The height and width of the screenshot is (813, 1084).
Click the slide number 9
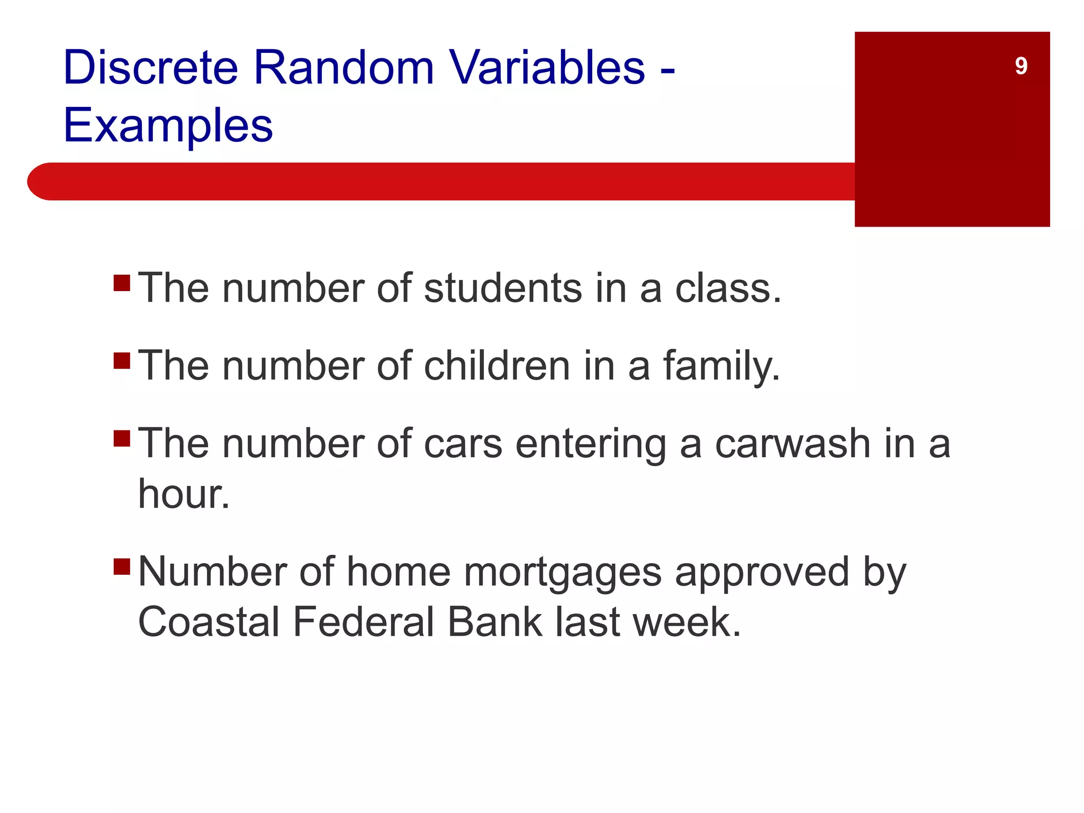click(x=1021, y=66)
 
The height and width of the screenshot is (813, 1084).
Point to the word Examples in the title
click(x=168, y=126)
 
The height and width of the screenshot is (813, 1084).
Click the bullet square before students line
click(x=122, y=283)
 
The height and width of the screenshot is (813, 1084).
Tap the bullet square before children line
click(x=122, y=360)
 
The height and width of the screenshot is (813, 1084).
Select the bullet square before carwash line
click(x=122, y=438)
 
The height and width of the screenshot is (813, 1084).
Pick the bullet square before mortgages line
click(x=122, y=566)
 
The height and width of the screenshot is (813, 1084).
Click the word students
click(x=503, y=288)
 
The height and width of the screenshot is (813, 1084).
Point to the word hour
click(x=183, y=494)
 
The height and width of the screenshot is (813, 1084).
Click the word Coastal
click(x=209, y=622)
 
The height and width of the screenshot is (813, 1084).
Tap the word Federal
click(x=363, y=622)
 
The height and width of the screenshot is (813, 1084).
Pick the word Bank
click(x=494, y=622)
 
